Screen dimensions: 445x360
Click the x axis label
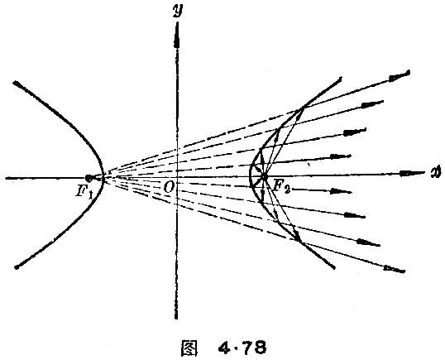[433, 173]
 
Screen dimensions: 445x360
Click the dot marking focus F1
[89, 178]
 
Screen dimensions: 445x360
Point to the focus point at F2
[264, 177]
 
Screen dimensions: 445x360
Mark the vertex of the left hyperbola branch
[102, 177]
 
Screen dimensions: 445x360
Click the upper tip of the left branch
[15, 83]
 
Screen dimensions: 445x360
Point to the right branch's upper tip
[338, 80]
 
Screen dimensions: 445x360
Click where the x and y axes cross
[177, 177]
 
